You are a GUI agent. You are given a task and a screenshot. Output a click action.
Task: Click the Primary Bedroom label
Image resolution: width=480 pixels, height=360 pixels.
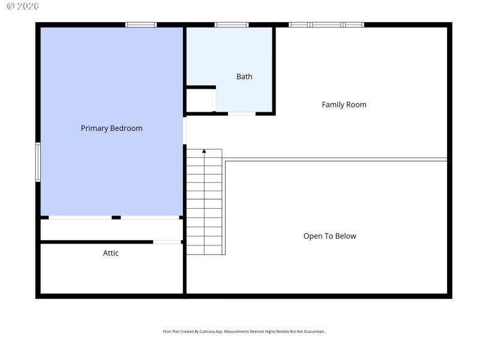[112, 128]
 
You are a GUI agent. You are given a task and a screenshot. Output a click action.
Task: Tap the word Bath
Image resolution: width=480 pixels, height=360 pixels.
[244, 77]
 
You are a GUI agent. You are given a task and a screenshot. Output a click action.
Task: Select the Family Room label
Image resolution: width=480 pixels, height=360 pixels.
[344, 105]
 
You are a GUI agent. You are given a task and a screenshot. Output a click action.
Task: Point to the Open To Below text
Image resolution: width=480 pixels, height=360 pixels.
[329, 236]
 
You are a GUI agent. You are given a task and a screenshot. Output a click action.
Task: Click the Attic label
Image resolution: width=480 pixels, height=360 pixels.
[111, 253]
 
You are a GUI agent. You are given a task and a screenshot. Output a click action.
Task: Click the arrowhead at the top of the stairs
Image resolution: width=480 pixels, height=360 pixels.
[204, 152]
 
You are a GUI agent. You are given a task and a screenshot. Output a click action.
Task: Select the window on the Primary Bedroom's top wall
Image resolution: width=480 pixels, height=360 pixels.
[141, 25]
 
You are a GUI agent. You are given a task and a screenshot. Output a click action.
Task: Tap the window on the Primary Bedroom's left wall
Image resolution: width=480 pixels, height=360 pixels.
[38, 162]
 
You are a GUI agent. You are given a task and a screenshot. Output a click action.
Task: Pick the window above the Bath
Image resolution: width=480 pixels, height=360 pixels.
[232, 25]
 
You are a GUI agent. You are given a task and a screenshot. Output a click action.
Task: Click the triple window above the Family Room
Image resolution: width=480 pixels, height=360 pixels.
[326, 25]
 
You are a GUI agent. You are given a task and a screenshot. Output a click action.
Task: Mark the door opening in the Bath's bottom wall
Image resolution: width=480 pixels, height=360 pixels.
[242, 113]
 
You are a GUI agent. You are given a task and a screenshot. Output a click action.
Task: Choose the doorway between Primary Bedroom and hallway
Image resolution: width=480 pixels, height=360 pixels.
[185, 130]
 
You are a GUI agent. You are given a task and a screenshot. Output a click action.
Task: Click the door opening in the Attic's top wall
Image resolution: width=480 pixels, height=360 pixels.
[167, 242]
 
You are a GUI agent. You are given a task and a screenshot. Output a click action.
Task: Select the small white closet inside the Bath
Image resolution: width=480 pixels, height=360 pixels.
[199, 100]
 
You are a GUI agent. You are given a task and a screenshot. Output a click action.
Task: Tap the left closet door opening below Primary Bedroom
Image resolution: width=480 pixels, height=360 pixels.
[80, 217]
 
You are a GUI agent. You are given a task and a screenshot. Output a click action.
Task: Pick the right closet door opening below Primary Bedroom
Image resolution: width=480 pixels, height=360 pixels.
[150, 217]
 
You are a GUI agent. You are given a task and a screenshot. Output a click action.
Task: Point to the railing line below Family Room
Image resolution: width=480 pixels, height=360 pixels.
[336, 160]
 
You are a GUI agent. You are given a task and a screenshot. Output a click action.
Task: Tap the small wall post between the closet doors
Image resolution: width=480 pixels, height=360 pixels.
[116, 217]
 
